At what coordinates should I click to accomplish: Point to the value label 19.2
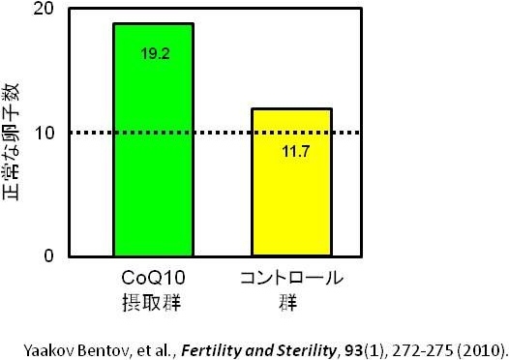155,54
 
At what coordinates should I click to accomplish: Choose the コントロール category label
290,279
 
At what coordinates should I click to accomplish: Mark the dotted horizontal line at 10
213,133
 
